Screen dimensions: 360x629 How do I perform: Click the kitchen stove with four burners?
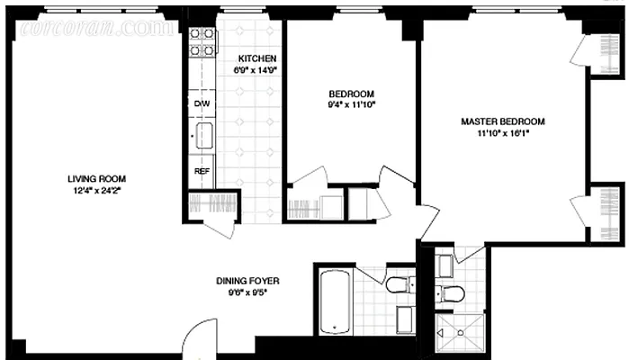click(202, 43)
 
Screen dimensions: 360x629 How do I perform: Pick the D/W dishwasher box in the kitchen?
click(202, 103)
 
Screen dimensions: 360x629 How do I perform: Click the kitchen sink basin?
click(203, 137)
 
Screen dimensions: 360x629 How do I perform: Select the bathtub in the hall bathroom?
click(333, 301)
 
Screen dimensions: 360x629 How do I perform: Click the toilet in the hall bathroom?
click(399, 286)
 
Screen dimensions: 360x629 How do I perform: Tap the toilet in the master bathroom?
click(450, 291)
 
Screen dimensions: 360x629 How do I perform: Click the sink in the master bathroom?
click(445, 265)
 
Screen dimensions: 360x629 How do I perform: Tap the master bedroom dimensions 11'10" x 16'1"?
click(503, 133)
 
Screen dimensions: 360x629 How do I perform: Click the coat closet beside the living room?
click(213, 205)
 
